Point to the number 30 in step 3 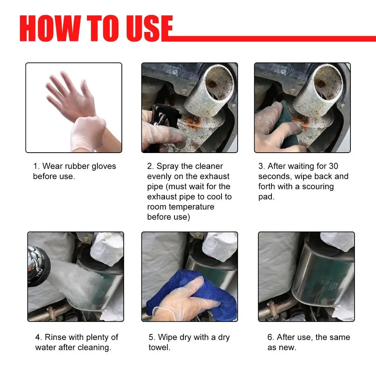(x=334, y=166)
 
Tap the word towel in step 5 (x=159, y=347)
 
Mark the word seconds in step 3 (x=274, y=176)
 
